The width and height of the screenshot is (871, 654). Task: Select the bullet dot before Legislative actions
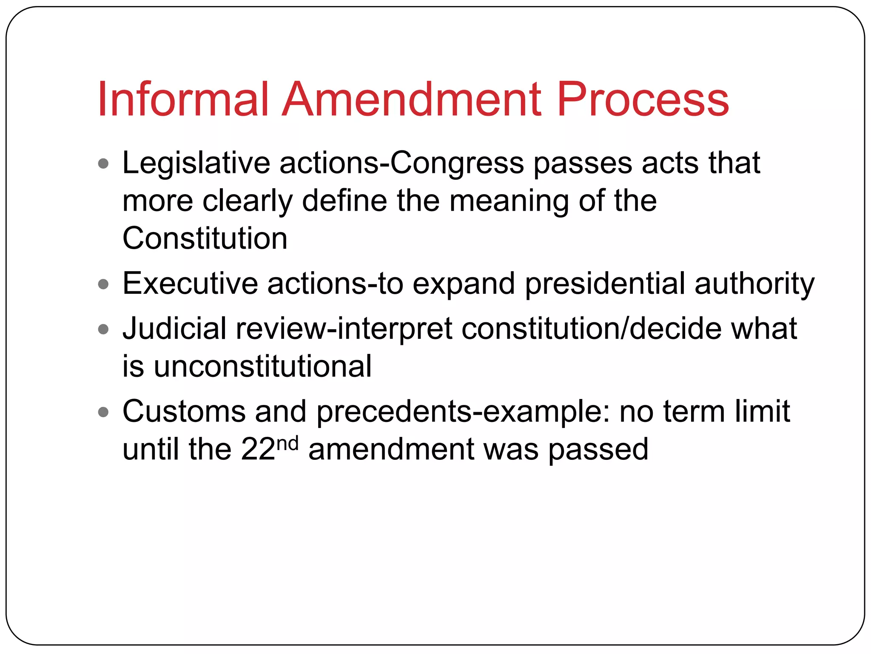pyautogui.click(x=103, y=163)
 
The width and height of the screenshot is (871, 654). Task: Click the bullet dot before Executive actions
pyautogui.click(x=103, y=284)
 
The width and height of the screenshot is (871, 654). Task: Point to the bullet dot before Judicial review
pyautogui.click(x=103, y=329)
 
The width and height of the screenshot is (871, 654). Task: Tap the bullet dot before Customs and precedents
pyautogui.click(x=103, y=412)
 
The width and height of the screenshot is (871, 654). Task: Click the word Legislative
pyautogui.click(x=196, y=163)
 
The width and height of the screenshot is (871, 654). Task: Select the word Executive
pyautogui.click(x=190, y=284)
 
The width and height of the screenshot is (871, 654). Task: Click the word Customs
pyautogui.click(x=184, y=412)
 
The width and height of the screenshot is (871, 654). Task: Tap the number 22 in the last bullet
pyautogui.click(x=258, y=450)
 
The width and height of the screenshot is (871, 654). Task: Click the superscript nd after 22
pyautogui.click(x=287, y=444)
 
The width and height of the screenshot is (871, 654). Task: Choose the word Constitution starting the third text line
pyautogui.click(x=205, y=238)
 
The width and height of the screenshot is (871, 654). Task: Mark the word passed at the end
pyautogui.click(x=598, y=450)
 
